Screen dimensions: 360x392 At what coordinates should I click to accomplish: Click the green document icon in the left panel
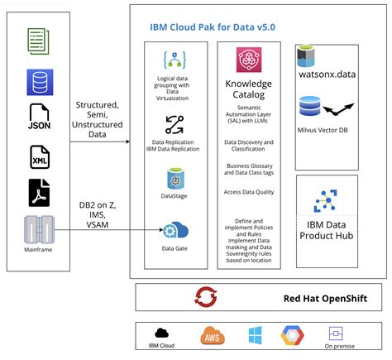38,38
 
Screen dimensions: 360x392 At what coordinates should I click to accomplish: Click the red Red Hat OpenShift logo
205,296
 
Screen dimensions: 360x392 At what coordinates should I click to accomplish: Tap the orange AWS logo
213,335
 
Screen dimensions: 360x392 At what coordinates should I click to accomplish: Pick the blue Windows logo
255,335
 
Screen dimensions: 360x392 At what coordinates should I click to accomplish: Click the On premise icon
336,333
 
